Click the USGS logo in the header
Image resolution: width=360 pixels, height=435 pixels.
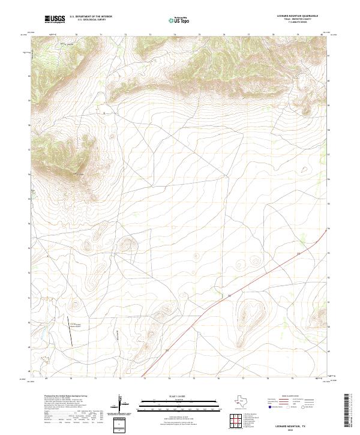(x=55, y=20)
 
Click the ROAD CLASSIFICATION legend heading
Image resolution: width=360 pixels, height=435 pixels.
(x=292, y=397)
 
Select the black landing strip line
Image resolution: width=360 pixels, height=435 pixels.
(x=70, y=330)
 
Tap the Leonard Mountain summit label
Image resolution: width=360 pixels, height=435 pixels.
(x=81, y=175)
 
